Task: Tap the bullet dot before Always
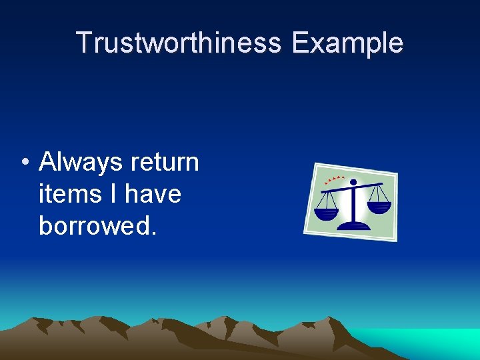pos(23,163)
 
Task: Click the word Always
pos(80,162)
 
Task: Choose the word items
pos(63,194)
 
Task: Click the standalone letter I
pos(109,194)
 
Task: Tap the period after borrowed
pos(155,233)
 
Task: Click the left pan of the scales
pos(326,214)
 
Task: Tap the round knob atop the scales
pos(353,182)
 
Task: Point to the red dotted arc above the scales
pos(333,179)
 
